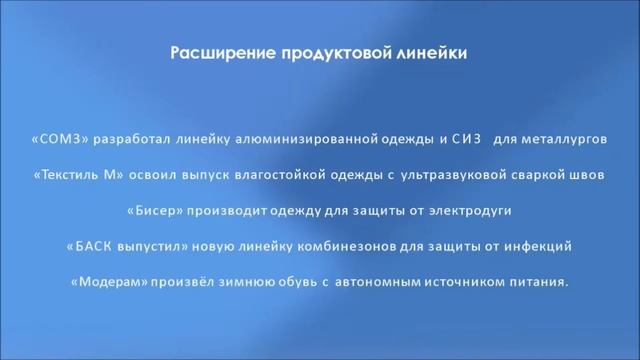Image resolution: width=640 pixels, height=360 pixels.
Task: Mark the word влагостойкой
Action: (281, 176)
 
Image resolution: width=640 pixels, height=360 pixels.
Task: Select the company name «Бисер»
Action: (155, 211)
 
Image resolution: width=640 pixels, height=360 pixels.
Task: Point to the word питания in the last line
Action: (539, 281)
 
